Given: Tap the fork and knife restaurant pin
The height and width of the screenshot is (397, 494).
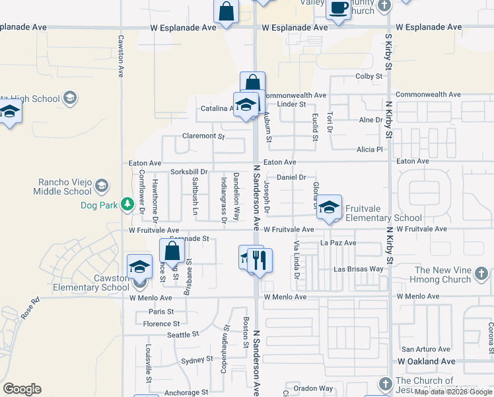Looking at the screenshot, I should [x=260, y=259].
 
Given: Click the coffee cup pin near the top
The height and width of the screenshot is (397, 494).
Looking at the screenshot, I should [x=339, y=9].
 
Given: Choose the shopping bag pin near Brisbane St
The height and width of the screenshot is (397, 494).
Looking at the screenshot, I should [x=172, y=252].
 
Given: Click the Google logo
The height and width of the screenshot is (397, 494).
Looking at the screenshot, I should [x=22, y=389].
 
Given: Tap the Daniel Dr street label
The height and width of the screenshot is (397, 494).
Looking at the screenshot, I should [x=291, y=177].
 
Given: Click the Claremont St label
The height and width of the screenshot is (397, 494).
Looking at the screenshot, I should [x=203, y=136].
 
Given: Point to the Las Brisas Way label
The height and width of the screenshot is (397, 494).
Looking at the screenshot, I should [x=359, y=269].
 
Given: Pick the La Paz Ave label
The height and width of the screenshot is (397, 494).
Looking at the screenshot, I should [x=338, y=243].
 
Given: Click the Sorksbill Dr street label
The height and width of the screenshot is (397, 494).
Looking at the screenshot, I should [x=189, y=172].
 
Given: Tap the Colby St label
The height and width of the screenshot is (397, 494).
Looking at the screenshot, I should [x=369, y=77].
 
